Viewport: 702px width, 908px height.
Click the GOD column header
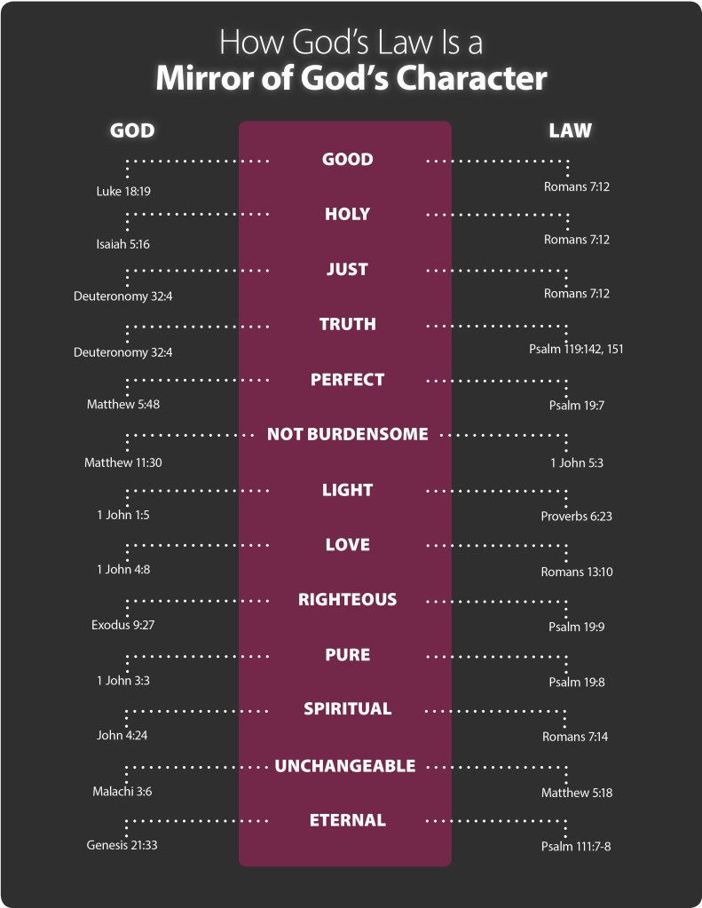132,130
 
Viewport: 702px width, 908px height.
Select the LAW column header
570,130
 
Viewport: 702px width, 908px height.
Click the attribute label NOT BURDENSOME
347,434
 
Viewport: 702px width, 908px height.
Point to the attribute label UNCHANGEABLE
345,765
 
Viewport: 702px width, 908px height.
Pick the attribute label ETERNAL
347,820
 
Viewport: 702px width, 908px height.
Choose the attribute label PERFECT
347,379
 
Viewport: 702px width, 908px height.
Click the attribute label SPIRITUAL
347,708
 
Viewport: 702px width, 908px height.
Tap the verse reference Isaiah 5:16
123,244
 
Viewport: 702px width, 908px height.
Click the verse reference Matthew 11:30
123,462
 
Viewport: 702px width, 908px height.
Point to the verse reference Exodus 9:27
123,625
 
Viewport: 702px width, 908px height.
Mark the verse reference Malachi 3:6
122,791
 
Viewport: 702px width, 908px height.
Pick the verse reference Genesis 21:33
122,845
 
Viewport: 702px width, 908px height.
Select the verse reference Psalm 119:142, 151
576,349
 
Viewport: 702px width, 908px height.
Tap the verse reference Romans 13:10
576,572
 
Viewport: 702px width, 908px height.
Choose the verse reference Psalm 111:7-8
576,847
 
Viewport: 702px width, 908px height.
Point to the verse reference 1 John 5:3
576,462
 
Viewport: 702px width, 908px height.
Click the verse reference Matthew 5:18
576,793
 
